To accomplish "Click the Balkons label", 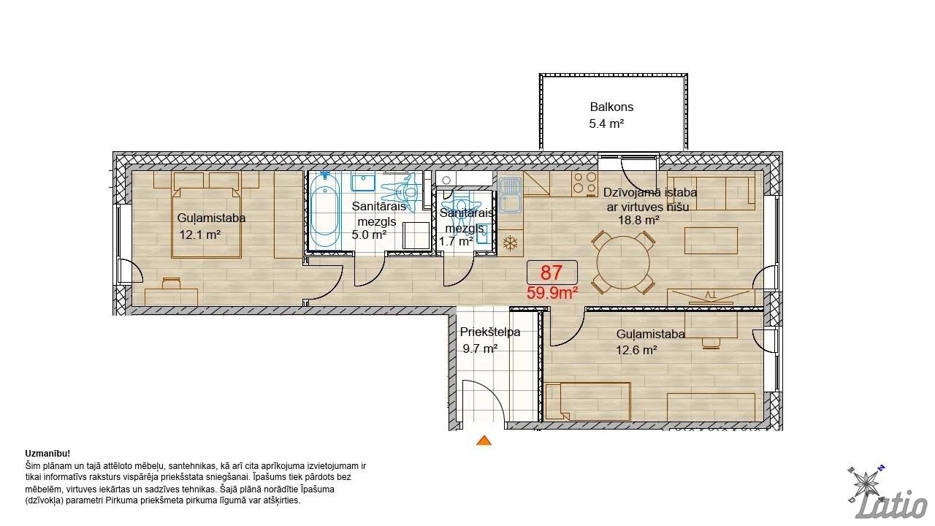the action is coord(611,107).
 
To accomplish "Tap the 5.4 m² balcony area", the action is coord(606,123).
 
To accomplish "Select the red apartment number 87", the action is coord(552,272).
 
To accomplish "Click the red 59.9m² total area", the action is coord(552,293).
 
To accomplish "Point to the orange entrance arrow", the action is coord(484,441).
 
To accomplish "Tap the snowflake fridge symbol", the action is coord(510,243).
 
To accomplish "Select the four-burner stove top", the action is coord(584,184).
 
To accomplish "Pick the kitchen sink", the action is coord(510,195).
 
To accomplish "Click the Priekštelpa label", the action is coord(490,332).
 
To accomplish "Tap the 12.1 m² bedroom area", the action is coord(200,235).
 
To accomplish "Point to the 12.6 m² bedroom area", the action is coord(636,350).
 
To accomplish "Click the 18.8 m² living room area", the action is coord(638,220).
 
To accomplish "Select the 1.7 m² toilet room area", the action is coord(456,241).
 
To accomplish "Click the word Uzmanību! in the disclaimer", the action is coord(47,454).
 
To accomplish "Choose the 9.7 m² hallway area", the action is coord(480,348).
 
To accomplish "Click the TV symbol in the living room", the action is coord(711,296).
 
